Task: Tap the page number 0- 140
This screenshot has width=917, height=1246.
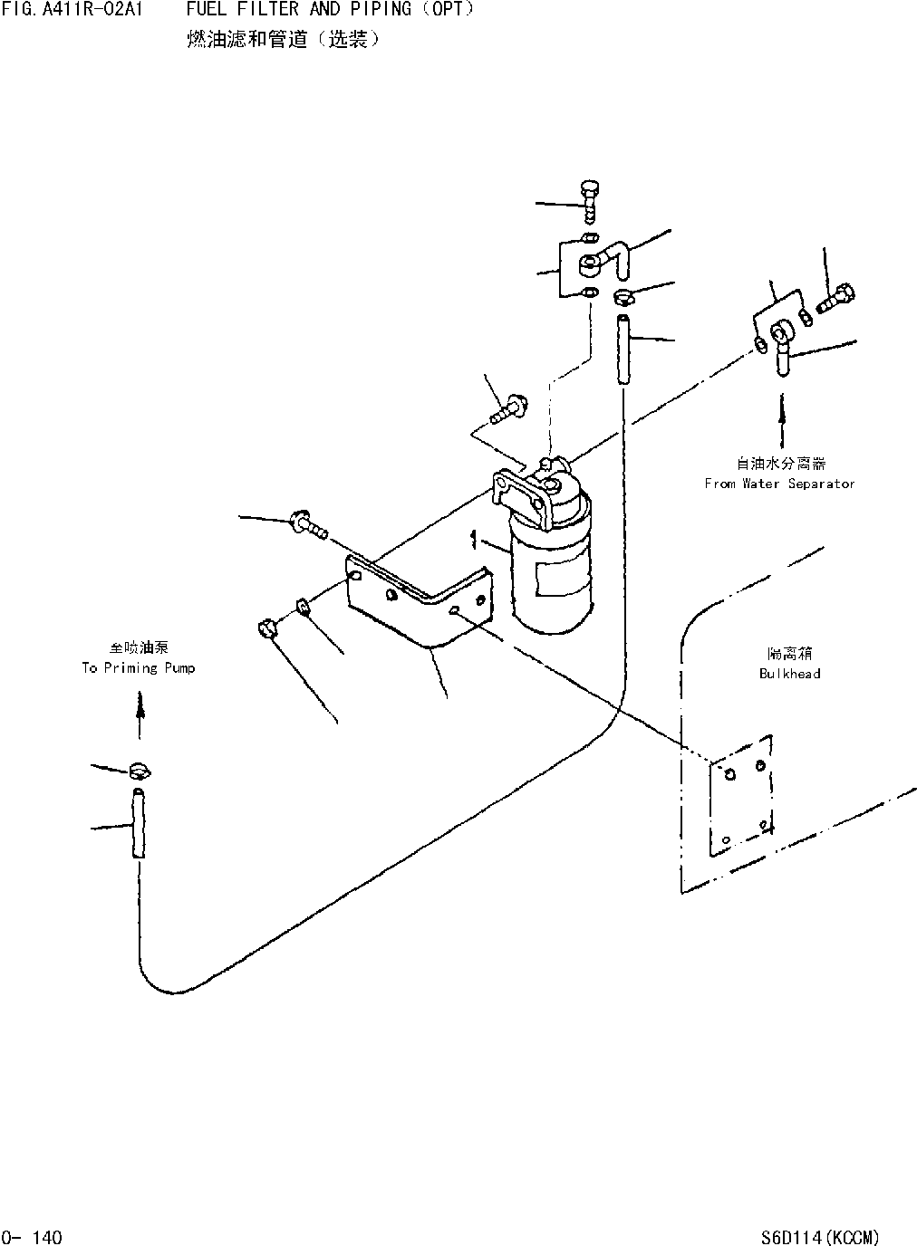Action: click(33, 1236)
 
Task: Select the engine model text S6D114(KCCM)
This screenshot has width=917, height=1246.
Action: click(820, 1236)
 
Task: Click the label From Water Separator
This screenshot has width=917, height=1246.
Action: click(779, 484)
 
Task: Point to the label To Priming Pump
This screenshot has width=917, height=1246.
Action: click(138, 667)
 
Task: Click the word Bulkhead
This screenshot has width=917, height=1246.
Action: click(789, 673)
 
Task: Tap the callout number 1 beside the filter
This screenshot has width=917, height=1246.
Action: click(473, 541)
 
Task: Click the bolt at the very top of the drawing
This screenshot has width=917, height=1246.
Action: click(589, 201)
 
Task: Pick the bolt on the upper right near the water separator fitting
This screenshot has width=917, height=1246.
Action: click(835, 298)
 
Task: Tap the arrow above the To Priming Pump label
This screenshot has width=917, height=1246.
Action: click(140, 704)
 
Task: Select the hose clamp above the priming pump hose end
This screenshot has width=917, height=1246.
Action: click(140, 771)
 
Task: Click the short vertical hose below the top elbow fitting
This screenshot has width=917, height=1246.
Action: click(623, 350)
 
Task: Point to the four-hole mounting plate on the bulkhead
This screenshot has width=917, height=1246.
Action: click(739, 795)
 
